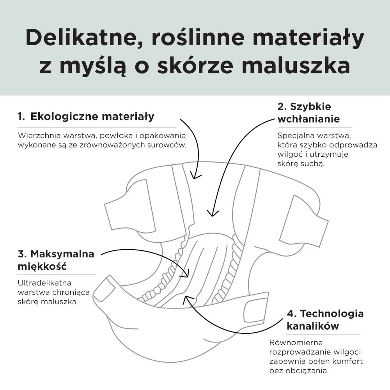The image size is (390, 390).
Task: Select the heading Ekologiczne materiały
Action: tap(92, 117)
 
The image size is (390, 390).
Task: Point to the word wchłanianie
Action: tap(308, 119)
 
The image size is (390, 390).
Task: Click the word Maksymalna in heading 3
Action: tap(62, 254)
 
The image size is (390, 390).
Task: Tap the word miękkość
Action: tap(42, 266)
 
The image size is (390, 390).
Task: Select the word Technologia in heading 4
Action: tap(332, 314)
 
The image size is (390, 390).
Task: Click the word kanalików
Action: tap(313, 326)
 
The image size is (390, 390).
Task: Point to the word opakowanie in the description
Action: tap(162, 136)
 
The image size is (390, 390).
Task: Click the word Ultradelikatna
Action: tap(44, 283)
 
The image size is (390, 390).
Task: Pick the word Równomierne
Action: tap(296, 342)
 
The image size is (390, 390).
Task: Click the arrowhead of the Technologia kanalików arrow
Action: tap(186, 298)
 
